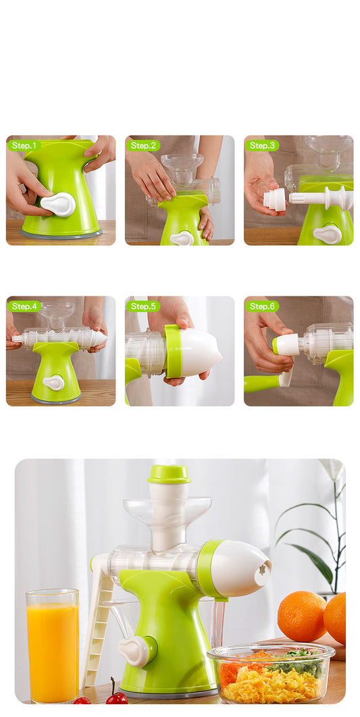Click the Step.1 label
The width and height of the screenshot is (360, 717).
click(x=24, y=145)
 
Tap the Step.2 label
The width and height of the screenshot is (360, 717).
click(x=143, y=145)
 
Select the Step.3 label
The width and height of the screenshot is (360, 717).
click(x=262, y=145)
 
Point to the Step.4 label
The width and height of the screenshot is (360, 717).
click(x=24, y=306)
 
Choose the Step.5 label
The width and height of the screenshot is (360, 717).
click(x=143, y=306)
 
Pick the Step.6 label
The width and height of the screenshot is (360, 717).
click(x=262, y=306)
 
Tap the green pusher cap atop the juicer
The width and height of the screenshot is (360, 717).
click(x=169, y=473)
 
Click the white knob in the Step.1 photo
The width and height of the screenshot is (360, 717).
click(x=59, y=204)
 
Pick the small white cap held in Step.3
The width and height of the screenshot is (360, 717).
click(x=274, y=198)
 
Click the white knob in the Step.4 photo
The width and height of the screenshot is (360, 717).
click(x=54, y=382)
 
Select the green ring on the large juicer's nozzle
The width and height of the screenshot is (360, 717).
click(x=207, y=568)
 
